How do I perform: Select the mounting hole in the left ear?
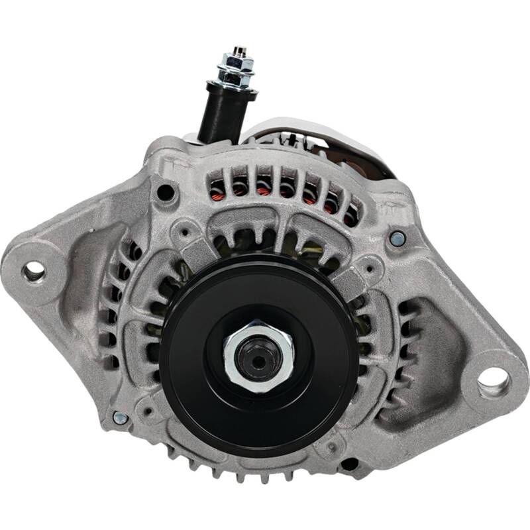coord(33,270)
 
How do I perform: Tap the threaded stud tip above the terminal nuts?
coord(237,51)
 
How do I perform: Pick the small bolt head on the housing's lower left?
coord(120,418)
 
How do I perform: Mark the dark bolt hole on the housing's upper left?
coord(165,193)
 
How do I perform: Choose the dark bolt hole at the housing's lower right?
coord(349,463)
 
